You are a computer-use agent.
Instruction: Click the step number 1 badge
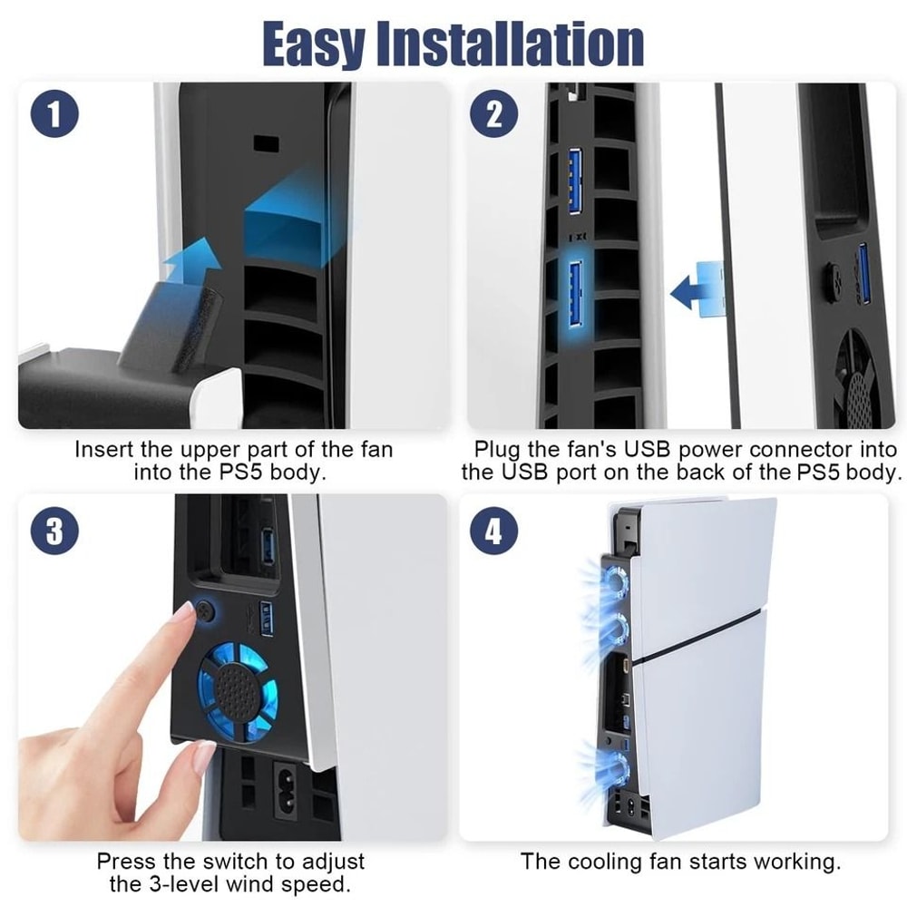55,116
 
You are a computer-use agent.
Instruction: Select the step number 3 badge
55,532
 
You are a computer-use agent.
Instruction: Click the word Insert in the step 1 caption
102,450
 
